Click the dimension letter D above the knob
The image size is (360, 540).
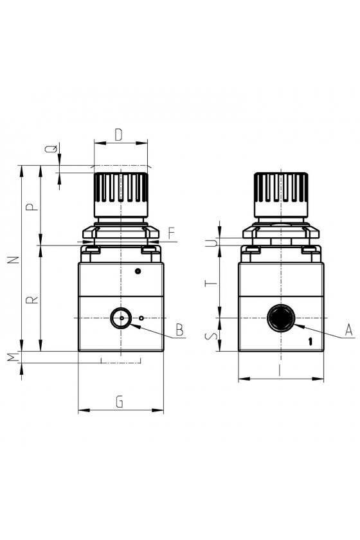point(118,134)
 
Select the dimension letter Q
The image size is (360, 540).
point(51,149)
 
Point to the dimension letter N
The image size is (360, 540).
point(14,260)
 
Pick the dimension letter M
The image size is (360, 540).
point(14,357)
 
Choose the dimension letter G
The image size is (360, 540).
point(120,402)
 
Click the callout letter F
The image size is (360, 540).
point(172,233)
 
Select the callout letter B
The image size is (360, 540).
point(179,330)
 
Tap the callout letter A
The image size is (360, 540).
point(349,330)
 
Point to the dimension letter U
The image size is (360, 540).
point(213,243)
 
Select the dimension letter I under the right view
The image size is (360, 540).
point(280,370)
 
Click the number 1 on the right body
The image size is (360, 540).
point(310,341)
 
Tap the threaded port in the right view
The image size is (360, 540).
point(281,318)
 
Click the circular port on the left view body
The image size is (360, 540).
point(121,318)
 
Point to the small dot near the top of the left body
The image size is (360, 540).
point(138,271)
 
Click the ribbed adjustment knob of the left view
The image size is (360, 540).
point(121,195)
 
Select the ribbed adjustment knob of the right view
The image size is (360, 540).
point(281,195)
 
